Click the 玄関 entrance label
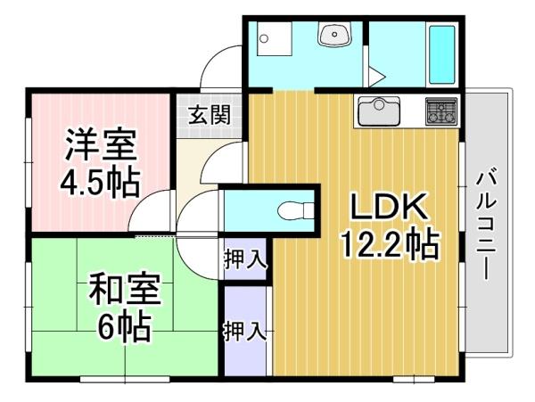click(210, 115)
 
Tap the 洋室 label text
click(102, 145)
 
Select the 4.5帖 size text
click(100, 183)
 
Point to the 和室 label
click(125, 289)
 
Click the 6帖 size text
click(125, 325)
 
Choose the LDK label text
click(389, 206)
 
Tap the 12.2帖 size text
click(390, 243)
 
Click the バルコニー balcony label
click(487, 226)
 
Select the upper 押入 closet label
click(245, 259)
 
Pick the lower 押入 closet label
click(245, 331)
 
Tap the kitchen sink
click(379, 110)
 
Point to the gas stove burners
click(441, 111)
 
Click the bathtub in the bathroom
click(442, 54)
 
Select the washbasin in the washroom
click(334, 33)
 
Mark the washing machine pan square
click(275, 38)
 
